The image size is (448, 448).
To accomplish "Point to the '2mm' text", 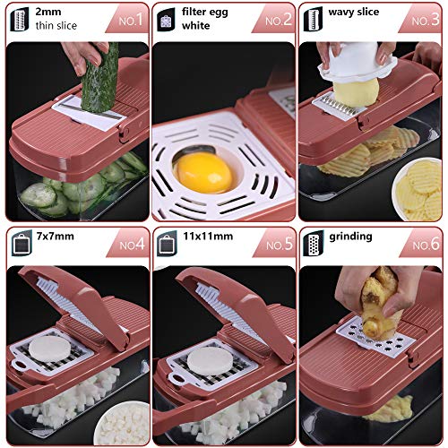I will pyautogui.click(x=48, y=13).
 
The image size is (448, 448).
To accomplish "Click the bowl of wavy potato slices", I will pyautogui.click(x=418, y=188).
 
